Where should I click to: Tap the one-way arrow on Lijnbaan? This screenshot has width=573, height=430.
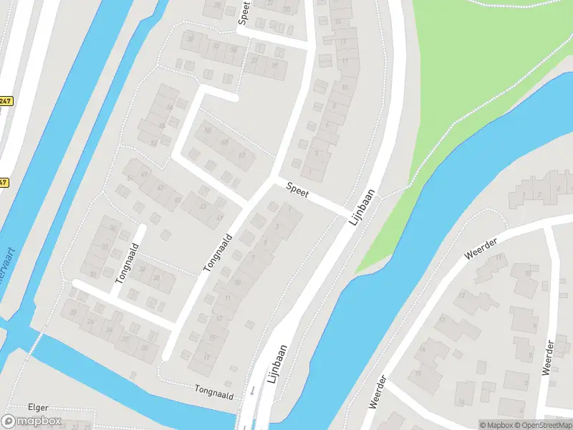point(252,391)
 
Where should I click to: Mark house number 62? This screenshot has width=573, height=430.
point(241,155)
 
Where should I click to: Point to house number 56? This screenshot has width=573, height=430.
point(170,107)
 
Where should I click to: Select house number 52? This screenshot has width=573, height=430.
point(153,143)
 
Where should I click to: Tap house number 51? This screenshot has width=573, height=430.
point(130,178)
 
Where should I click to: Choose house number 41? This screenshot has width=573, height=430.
point(220,217)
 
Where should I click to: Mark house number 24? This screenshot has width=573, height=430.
point(110,330)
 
